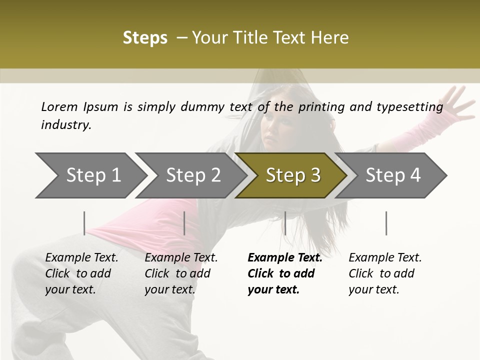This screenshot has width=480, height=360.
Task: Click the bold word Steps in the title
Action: [x=145, y=38]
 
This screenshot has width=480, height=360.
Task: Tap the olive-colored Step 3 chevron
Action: [x=293, y=175]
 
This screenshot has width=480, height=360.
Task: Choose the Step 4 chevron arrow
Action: [x=393, y=175]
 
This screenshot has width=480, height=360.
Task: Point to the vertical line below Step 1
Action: [x=84, y=223]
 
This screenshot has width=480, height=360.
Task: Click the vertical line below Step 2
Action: [x=184, y=223]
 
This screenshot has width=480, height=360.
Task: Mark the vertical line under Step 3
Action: [x=285, y=223]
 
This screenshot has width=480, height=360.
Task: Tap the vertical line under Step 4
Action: [x=386, y=223]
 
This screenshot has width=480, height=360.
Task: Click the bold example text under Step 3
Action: [x=284, y=273]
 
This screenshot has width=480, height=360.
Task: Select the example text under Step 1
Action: [x=81, y=273]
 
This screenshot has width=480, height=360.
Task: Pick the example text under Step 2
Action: [x=181, y=273]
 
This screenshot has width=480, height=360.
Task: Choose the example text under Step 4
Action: [x=384, y=273]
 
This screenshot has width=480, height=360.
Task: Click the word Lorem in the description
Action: [x=59, y=106]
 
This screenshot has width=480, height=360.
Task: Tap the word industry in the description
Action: [x=66, y=125]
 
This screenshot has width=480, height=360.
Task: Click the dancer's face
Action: [x=275, y=131]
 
